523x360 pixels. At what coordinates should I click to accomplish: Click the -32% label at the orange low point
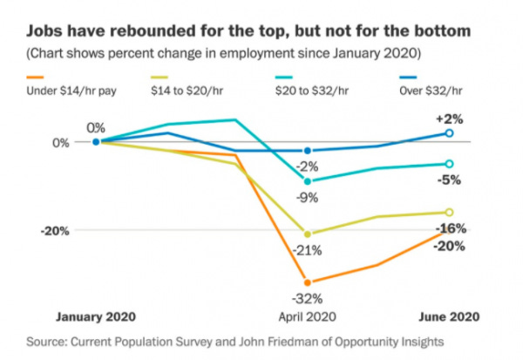tap(307, 296)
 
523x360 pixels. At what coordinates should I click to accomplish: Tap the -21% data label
tap(307, 249)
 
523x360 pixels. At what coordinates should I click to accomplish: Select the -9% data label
tap(307, 197)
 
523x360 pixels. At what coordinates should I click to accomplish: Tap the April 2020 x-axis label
tap(307, 316)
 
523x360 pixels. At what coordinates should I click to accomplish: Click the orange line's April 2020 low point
tap(307, 282)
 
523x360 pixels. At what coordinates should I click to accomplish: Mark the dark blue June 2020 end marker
tap(449, 133)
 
